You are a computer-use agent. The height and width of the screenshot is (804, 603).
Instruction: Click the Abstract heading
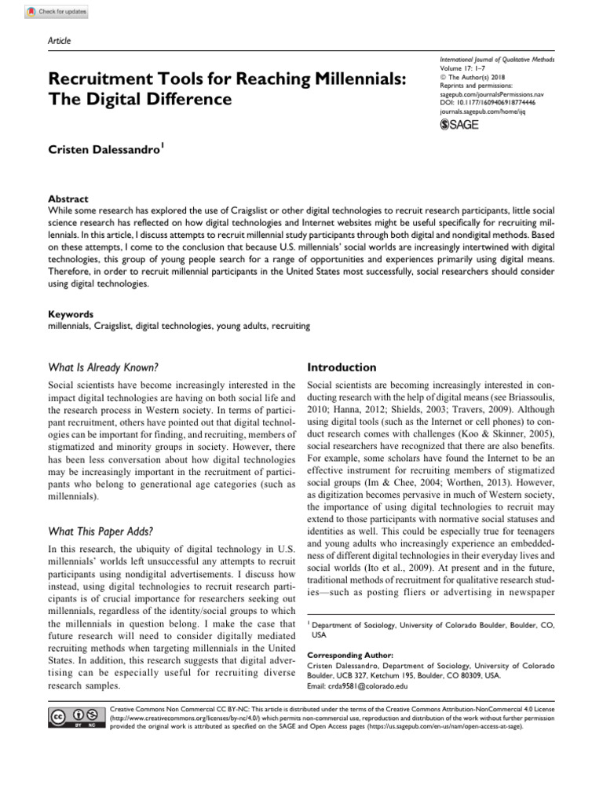[x=68, y=199]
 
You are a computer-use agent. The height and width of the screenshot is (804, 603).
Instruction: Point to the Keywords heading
[x=71, y=313]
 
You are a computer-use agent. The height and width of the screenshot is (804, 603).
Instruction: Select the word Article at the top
[x=59, y=39]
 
